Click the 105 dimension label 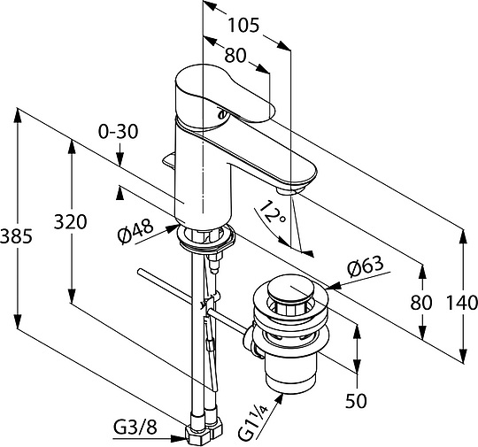click(243, 26)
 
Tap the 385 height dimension click(16, 236)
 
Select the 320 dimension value click(71, 221)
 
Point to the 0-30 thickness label click(119, 132)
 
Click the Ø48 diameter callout click(135, 231)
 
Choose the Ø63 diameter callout click(365, 266)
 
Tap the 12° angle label click(274, 212)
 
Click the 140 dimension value click(462, 303)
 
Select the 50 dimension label click(356, 400)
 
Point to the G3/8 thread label click(135, 428)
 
